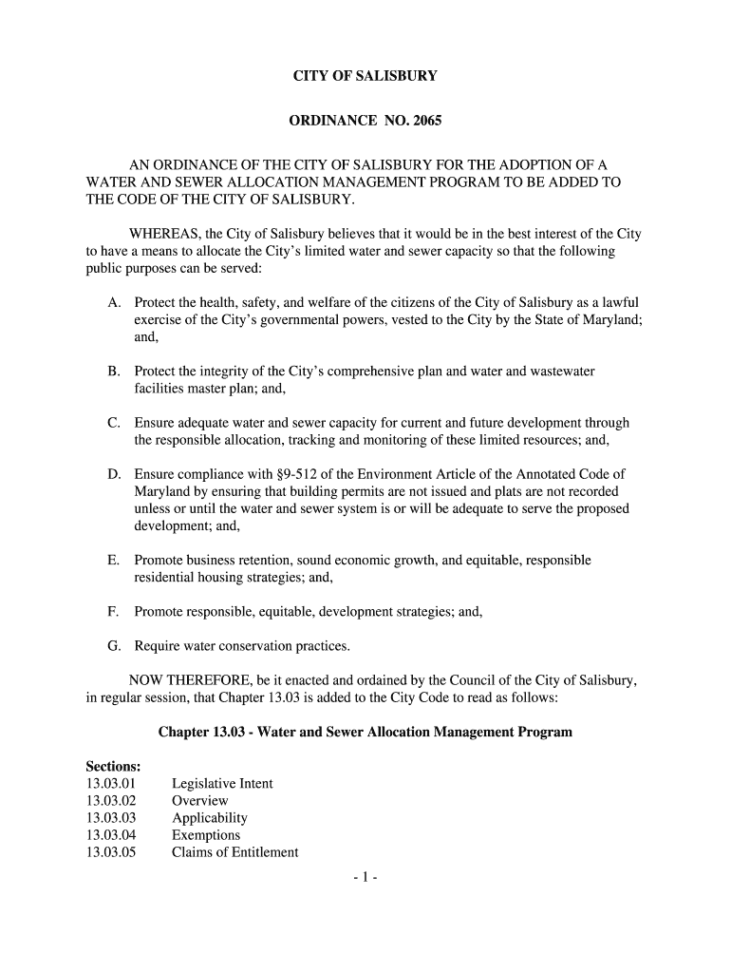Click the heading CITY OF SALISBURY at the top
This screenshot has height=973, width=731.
click(x=365, y=75)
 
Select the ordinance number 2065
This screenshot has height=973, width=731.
click(x=428, y=122)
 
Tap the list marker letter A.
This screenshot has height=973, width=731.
click(x=113, y=302)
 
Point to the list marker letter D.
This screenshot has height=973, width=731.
click(x=113, y=474)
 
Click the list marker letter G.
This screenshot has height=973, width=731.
click(x=113, y=646)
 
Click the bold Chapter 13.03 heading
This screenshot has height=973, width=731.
click(x=365, y=733)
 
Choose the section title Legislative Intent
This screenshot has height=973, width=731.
click(x=222, y=784)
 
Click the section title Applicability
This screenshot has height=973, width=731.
click(x=210, y=818)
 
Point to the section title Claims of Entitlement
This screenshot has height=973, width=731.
click(x=234, y=852)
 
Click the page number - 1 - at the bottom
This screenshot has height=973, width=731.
click(x=365, y=879)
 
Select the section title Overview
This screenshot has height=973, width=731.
click(x=199, y=801)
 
